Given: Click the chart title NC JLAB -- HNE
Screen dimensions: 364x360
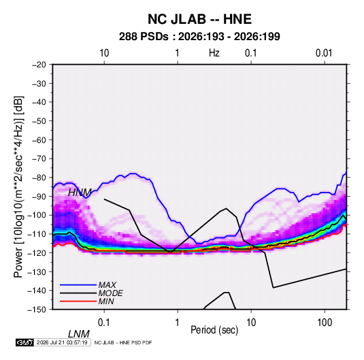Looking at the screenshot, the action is pos(199,19).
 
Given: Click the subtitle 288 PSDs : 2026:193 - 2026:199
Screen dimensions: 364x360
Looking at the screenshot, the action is pos(199,37).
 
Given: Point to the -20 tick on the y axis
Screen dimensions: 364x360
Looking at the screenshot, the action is pos(39,65).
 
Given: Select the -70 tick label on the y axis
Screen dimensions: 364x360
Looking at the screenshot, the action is pos(39,159).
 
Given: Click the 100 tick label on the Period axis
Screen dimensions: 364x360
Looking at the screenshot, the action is pos(325,323).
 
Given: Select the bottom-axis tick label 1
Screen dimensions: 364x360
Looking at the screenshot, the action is pos(178,323).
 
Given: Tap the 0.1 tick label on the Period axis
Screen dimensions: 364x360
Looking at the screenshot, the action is pos(104,323).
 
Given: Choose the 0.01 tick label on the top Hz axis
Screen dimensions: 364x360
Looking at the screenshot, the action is pos(324,53).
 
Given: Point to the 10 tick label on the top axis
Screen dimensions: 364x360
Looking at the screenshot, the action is pos(104,53).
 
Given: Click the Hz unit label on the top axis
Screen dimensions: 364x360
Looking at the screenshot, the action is pos(214,53).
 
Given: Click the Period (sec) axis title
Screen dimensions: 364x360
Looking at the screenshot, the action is pos(214,330).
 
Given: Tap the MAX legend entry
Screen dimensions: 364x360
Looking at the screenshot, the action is pos(107,285).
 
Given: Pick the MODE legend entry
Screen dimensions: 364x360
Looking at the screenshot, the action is pos(110,293).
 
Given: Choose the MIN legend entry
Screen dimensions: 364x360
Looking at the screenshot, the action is pos(106,301).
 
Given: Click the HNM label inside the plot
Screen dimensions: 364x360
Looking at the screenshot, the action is pos(80,193).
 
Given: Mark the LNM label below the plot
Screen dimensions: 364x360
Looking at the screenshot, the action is pos(79,334).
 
